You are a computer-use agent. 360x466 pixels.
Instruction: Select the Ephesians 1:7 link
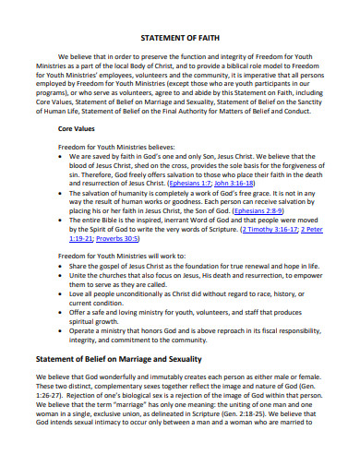(197, 182)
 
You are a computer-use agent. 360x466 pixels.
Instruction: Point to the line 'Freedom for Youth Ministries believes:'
(115, 146)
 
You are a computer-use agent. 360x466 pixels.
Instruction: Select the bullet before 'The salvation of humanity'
(62, 191)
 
